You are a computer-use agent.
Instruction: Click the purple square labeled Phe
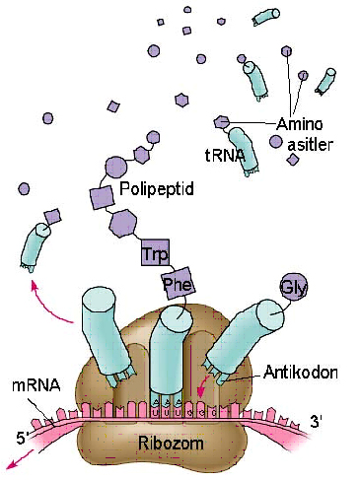[x=178, y=286]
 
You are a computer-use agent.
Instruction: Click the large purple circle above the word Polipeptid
[x=116, y=167]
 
